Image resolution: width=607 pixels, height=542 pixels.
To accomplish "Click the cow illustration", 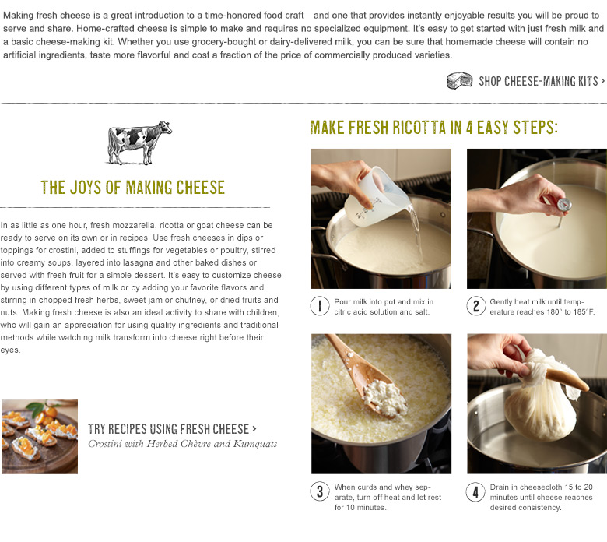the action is (139, 143).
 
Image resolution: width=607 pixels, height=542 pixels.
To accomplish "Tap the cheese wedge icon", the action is (459, 80).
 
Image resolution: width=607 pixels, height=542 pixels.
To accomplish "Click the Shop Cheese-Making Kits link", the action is (542, 81).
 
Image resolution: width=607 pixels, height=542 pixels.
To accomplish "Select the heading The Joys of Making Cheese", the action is (133, 188).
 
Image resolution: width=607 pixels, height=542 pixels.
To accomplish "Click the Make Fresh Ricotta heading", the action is (434, 128).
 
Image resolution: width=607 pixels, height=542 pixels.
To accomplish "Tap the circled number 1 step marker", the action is (319, 307).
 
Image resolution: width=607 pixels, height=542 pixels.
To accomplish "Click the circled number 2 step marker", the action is (475, 307).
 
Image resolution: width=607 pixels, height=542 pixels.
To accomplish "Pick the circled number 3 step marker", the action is (319, 492).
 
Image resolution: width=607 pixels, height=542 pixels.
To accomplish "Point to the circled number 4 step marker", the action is (475, 492).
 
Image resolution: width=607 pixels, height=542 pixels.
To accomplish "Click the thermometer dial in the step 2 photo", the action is (563, 205).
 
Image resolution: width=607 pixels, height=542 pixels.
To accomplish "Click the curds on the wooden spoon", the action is (385, 397).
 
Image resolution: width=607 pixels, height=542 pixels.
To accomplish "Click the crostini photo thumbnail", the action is (40, 437).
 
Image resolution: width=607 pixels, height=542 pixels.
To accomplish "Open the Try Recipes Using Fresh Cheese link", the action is (172, 429).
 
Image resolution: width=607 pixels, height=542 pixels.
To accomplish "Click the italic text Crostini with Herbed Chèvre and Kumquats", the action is (183, 444).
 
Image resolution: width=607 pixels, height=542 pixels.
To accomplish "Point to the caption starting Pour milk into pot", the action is (384, 307).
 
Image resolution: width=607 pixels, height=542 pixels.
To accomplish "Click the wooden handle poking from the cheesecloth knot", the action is (568, 380).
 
